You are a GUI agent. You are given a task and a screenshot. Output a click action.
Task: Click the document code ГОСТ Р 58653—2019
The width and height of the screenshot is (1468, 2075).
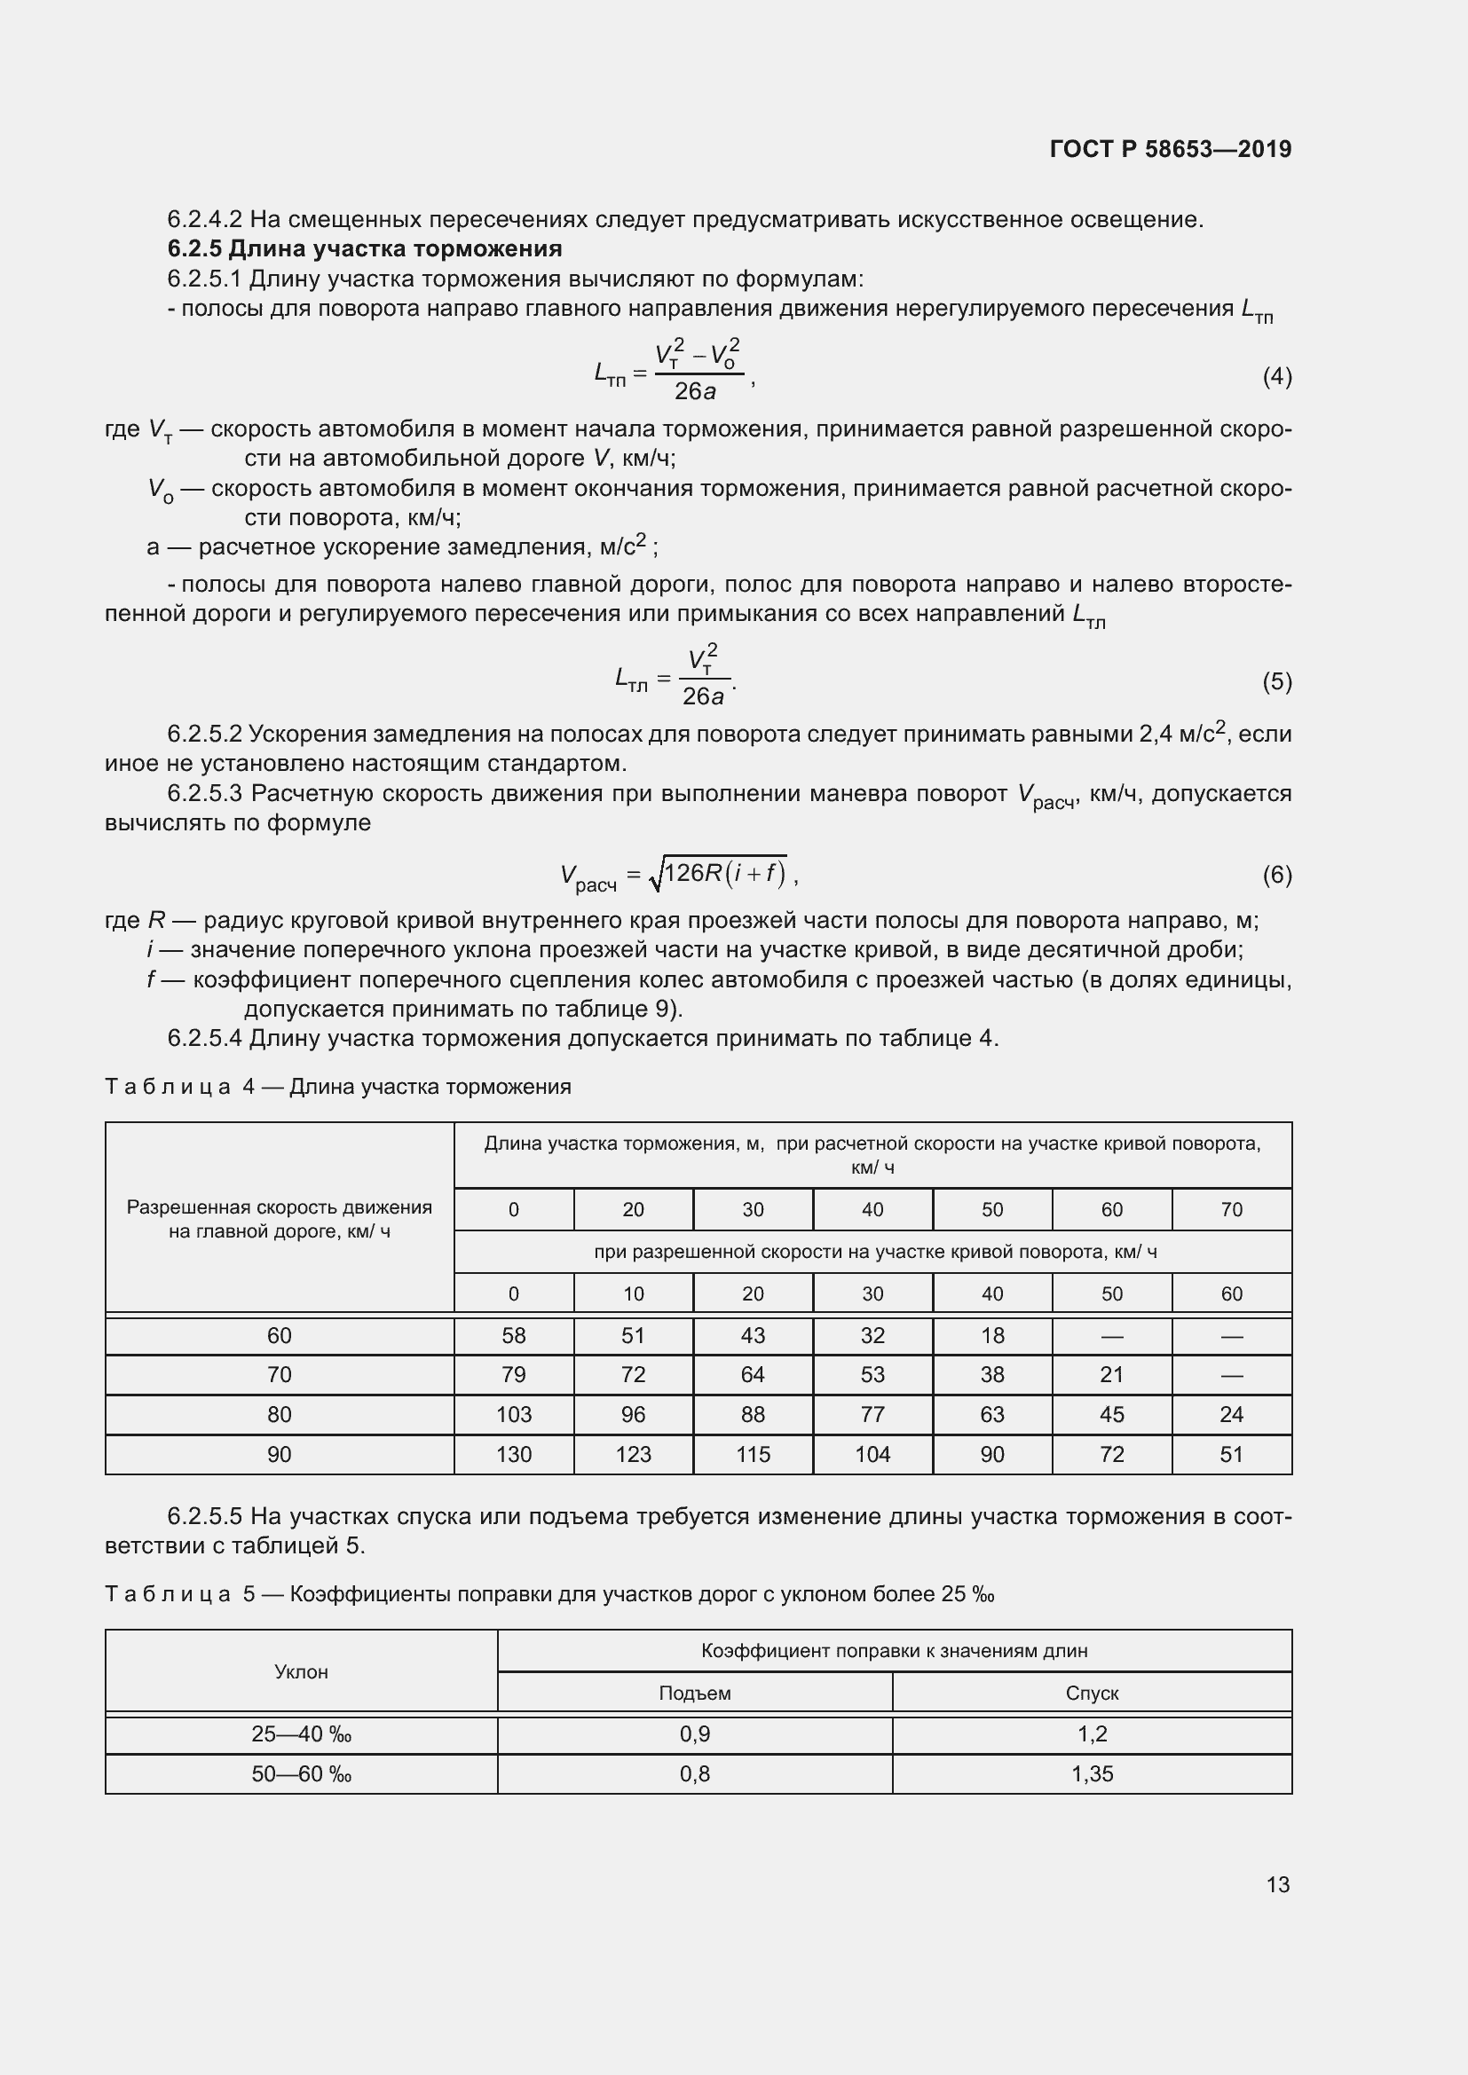click(x=1170, y=149)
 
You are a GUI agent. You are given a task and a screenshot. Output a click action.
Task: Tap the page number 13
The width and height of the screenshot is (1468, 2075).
click(x=1277, y=1884)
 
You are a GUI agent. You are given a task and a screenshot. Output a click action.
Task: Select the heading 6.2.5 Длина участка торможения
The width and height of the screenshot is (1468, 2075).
click(x=364, y=248)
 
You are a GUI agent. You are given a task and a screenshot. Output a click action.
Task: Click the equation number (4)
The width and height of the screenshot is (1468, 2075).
click(x=1276, y=376)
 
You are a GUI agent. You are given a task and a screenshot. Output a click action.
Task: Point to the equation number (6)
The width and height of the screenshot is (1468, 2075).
click(x=1276, y=875)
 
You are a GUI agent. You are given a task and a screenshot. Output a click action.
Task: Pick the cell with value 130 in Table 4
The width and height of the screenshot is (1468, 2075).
click(x=513, y=1454)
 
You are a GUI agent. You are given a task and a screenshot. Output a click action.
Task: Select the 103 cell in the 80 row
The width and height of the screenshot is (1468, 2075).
click(x=513, y=1414)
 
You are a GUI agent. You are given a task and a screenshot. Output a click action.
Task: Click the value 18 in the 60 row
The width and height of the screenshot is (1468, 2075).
click(x=991, y=1336)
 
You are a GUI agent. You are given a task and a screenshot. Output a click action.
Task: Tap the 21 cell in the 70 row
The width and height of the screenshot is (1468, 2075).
click(x=1111, y=1374)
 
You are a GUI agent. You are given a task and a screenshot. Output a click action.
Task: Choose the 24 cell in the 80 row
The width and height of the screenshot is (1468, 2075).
click(x=1231, y=1414)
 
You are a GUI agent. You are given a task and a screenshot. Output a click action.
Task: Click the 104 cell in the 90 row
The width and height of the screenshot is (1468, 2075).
click(x=872, y=1454)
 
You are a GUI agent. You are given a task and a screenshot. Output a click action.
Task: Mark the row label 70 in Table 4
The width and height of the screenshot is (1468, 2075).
click(x=280, y=1374)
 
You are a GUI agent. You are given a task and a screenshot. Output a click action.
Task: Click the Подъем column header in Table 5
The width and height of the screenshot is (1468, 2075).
click(x=694, y=1693)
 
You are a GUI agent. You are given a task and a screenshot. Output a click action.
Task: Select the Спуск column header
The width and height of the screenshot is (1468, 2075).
click(x=1092, y=1693)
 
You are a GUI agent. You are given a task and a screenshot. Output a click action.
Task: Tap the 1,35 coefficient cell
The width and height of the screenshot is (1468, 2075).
click(x=1092, y=1773)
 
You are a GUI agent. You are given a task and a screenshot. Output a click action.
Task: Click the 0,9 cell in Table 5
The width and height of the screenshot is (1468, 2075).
click(x=694, y=1733)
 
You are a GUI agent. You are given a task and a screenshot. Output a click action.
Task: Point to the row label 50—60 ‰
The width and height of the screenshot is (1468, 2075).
click(x=301, y=1773)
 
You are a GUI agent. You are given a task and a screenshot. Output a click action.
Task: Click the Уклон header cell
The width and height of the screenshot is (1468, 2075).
click(x=301, y=1671)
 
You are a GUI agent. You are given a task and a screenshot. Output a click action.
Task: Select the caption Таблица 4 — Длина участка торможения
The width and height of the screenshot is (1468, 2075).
click(x=338, y=1087)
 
